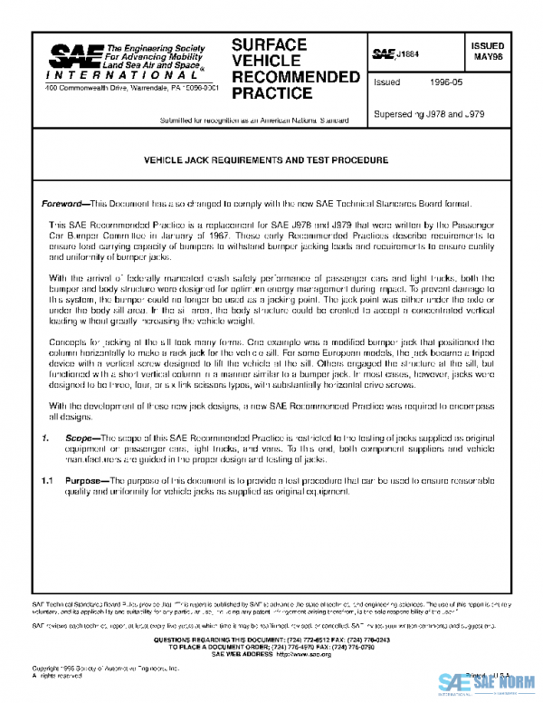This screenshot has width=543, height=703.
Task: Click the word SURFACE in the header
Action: click(x=269, y=44)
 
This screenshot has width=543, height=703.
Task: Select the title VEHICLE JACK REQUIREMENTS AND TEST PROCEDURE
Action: click(x=266, y=159)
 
